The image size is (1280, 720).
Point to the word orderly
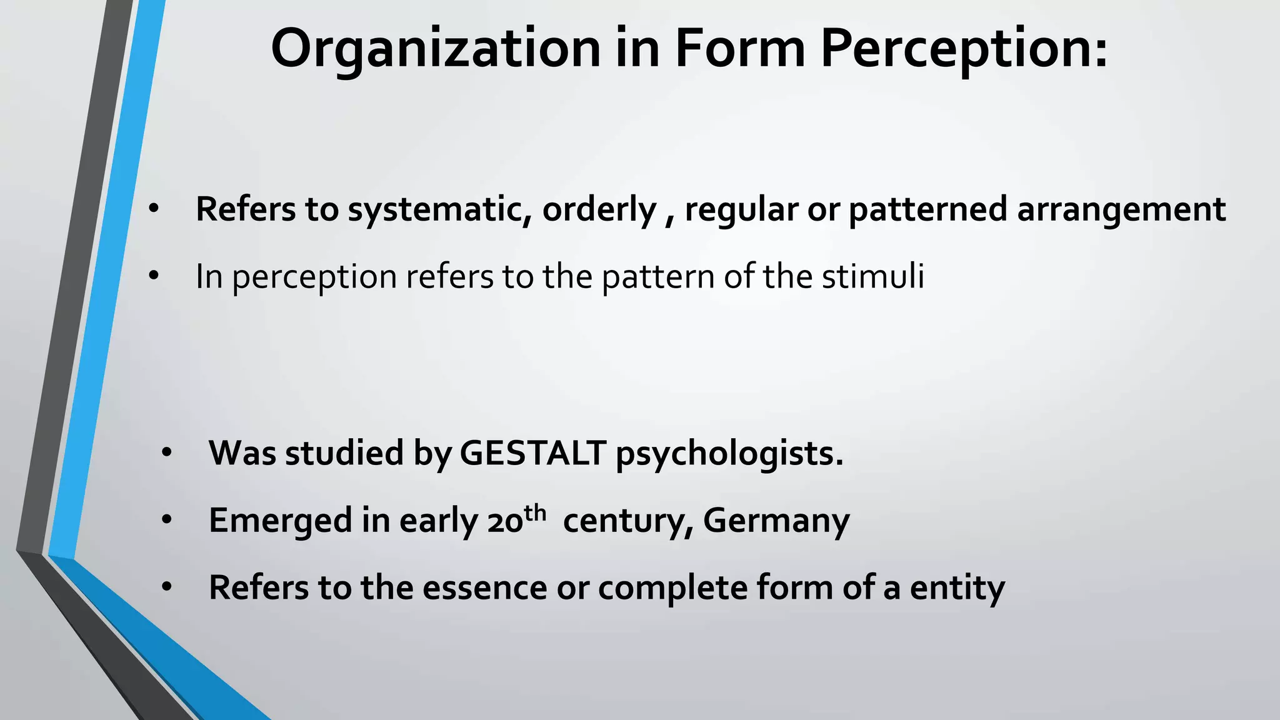(x=599, y=209)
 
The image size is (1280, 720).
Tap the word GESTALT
(x=532, y=452)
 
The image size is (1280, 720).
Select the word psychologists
(x=729, y=454)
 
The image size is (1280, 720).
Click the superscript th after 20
(x=536, y=513)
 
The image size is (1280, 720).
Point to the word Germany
(x=776, y=521)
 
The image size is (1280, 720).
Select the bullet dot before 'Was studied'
(x=166, y=452)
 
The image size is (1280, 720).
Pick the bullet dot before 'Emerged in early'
(x=166, y=520)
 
